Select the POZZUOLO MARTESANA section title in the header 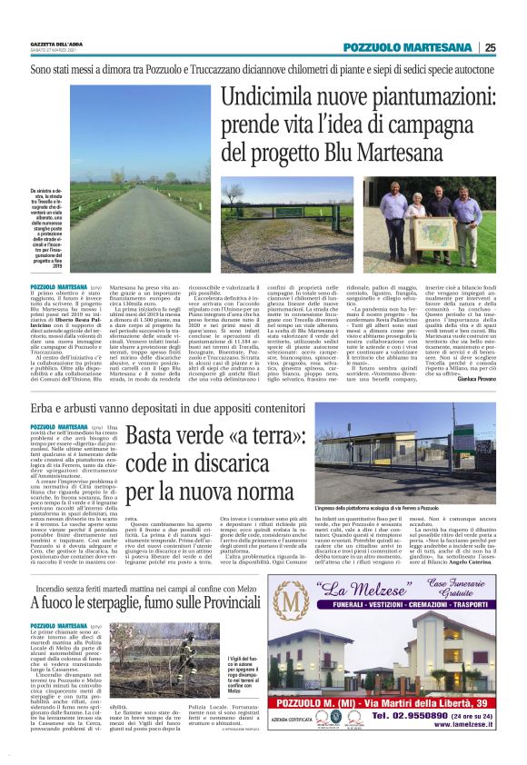(x=409, y=48)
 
